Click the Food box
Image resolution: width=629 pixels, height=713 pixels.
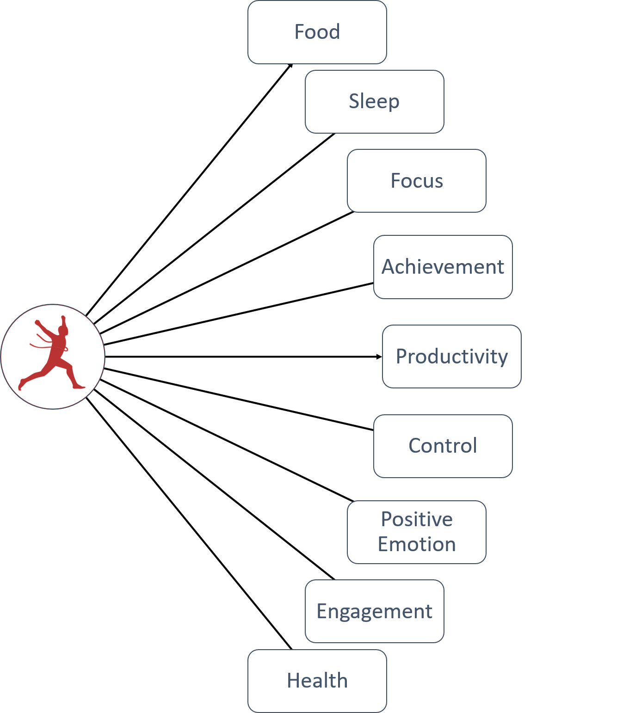[x=317, y=32]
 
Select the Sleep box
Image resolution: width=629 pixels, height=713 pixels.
[x=375, y=102]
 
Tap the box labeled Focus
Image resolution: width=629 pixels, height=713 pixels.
[x=417, y=181]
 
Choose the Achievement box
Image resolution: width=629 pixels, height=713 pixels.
[x=443, y=267]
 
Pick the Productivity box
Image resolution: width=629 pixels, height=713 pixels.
[x=452, y=356]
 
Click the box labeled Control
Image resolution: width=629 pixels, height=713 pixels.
[x=443, y=446]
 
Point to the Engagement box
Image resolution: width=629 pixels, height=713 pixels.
[x=375, y=611]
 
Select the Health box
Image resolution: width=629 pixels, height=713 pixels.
[x=317, y=681]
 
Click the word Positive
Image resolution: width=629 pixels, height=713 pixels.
[x=417, y=519]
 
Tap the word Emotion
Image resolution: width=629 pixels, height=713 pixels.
[x=417, y=544]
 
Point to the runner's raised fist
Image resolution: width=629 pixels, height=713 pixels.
[x=63, y=319]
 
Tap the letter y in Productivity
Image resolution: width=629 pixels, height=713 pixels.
[x=502, y=358]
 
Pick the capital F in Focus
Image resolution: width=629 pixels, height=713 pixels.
[x=396, y=181]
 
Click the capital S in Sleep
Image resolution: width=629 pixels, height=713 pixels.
[x=354, y=102]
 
